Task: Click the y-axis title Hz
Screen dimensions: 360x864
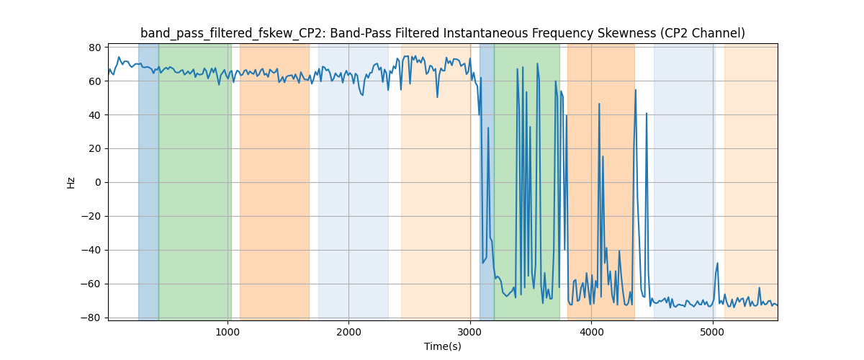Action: [x=71, y=182]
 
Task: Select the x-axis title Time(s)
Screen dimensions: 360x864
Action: [x=443, y=346]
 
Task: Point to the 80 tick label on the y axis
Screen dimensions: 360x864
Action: [x=94, y=48]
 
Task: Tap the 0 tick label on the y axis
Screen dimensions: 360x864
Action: [x=97, y=182]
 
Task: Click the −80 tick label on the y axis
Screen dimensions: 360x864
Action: [x=91, y=318]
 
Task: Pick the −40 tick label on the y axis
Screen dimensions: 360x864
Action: [x=91, y=250]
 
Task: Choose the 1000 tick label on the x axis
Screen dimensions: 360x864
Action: [x=228, y=332]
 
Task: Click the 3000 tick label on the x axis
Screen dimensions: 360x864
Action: [x=469, y=332]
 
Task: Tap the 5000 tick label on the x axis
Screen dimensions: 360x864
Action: [x=712, y=332]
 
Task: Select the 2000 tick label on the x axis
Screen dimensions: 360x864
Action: [x=348, y=332]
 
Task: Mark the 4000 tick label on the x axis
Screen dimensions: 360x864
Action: [x=591, y=332]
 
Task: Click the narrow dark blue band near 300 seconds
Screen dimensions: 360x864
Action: [x=148, y=180]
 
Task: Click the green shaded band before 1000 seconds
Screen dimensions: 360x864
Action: [x=194, y=180]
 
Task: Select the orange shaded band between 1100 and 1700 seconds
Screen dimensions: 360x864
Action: [x=274, y=180]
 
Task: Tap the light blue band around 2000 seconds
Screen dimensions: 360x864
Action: [x=353, y=180]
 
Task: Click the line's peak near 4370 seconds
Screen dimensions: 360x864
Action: [x=636, y=90]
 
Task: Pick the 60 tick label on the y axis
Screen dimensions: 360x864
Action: [x=94, y=81]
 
